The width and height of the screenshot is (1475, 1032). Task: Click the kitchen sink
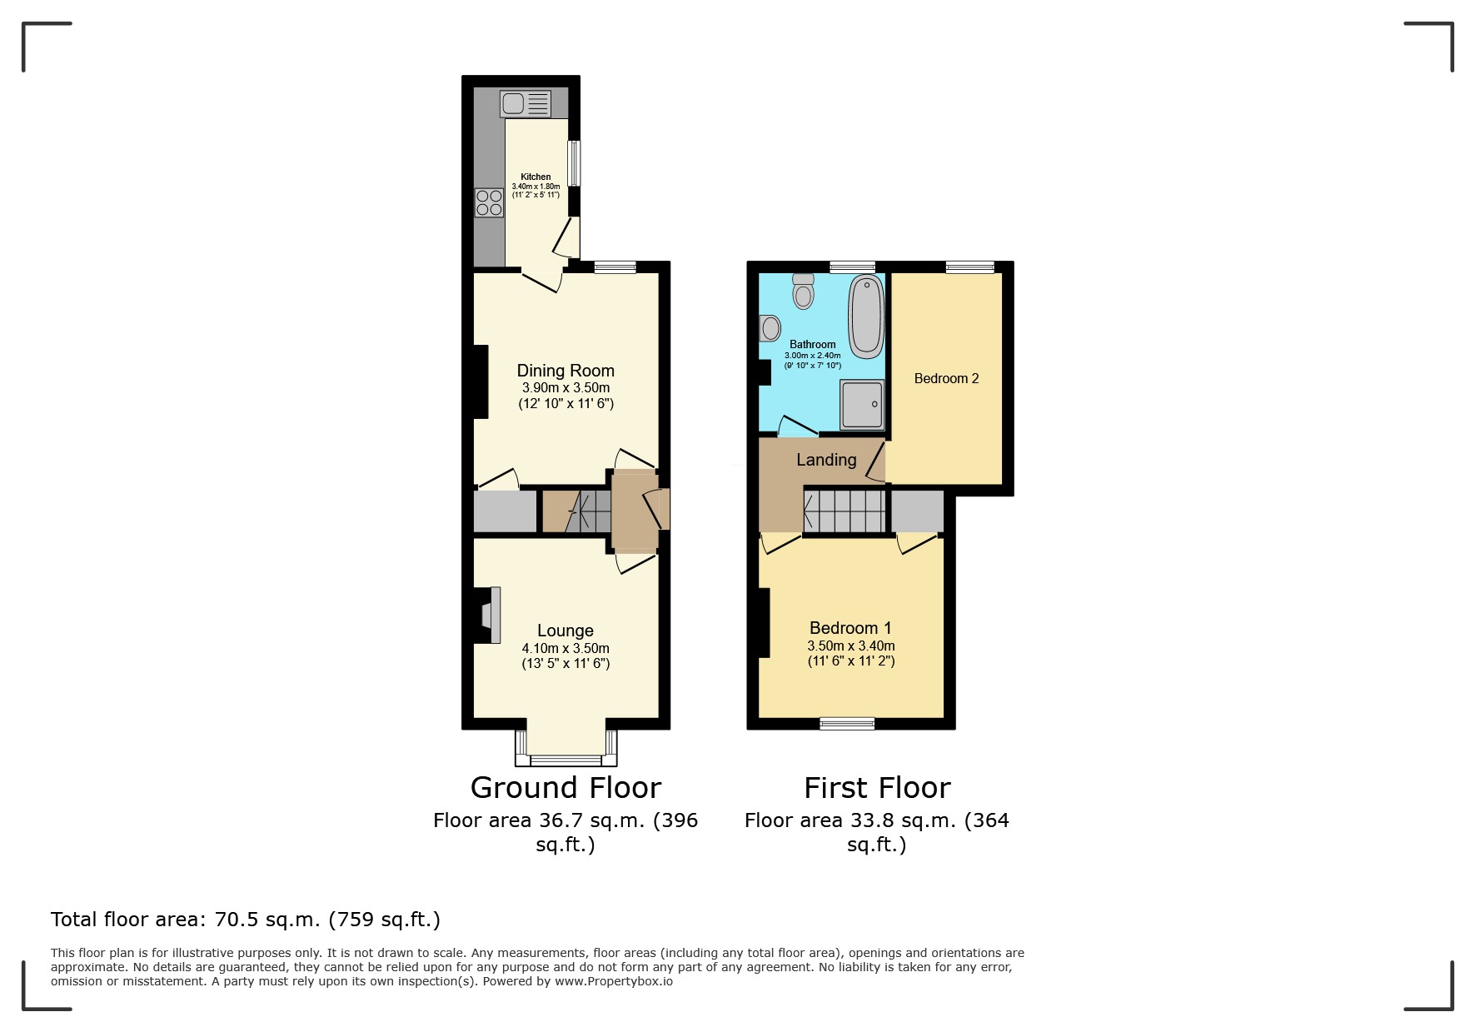[526, 104]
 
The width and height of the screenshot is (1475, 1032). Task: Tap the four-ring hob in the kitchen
[489, 203]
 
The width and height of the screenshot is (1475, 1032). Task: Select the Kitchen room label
[536, 177]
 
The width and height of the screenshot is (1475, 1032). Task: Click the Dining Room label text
[566, 371]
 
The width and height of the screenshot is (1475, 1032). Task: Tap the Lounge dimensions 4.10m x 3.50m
[566, 648]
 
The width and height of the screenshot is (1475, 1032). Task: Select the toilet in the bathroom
[803, 292]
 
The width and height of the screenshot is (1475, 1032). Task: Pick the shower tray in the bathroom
[861, 404]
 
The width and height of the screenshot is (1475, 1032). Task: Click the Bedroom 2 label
[946, 379]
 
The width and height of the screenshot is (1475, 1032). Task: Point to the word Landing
[826, 460]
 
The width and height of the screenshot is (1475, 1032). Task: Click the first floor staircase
[845, 510]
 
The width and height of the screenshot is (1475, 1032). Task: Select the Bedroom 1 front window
[847, 723]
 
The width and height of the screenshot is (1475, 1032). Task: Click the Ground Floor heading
[566, 788]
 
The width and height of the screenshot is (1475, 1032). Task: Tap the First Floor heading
[877, 788]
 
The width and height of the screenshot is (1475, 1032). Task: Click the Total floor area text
[245, 920]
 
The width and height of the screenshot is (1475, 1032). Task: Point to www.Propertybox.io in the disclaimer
[614, 981]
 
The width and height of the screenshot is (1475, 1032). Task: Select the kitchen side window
[575, 162]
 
